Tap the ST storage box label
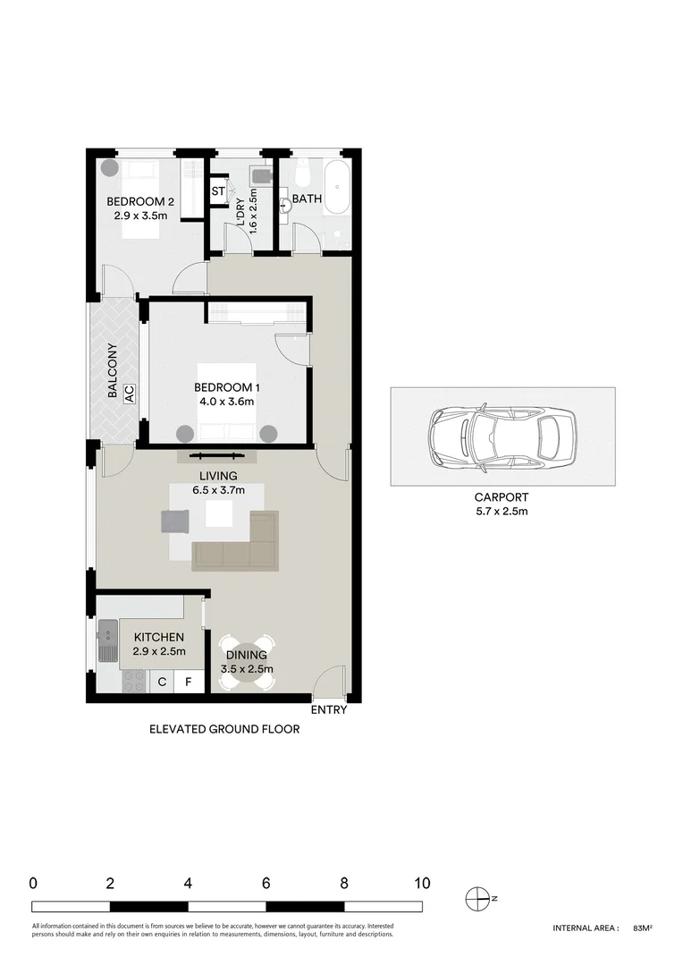(218, 191)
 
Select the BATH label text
(307, 199)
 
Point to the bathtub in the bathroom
(336, 187)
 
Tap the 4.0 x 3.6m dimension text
(227, 402)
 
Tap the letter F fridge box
(188, 682)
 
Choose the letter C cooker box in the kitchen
(162, 682)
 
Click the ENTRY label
(328, 710)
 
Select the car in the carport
(502, 436)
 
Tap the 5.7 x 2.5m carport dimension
(502, 512)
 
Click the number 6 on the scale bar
(266, 883)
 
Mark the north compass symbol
(480, 897)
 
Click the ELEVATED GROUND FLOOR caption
(224, 729)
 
